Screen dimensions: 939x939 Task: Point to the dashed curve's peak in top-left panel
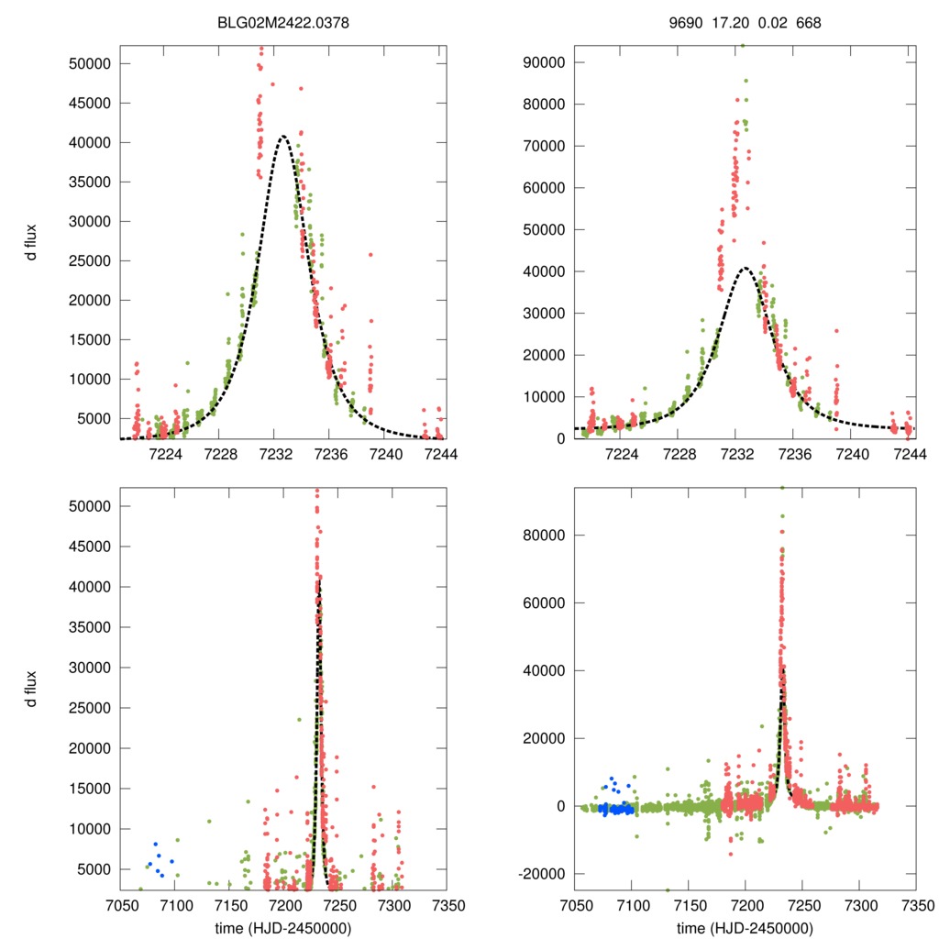tap(283, 137)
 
